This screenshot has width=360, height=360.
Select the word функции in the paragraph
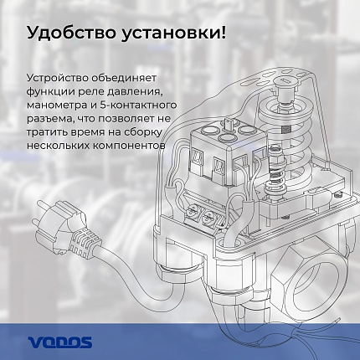51,88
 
